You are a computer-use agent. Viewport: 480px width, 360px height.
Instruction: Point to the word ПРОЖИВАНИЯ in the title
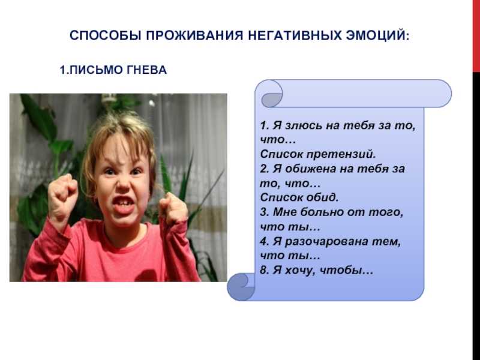(194, 35)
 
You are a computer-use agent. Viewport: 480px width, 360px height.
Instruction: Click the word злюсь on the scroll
(303, 125)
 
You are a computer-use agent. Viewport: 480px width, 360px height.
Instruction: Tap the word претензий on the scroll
(341, 154)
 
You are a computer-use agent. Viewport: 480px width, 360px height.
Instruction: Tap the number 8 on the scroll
(263, 271)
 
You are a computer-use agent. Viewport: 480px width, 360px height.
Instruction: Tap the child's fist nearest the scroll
(173, 208)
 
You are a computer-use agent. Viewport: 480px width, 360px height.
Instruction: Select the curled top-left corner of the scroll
(272, 94)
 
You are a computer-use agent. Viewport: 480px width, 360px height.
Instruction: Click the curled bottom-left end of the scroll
(241, 287)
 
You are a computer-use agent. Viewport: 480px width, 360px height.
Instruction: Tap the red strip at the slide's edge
(476, 36)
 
